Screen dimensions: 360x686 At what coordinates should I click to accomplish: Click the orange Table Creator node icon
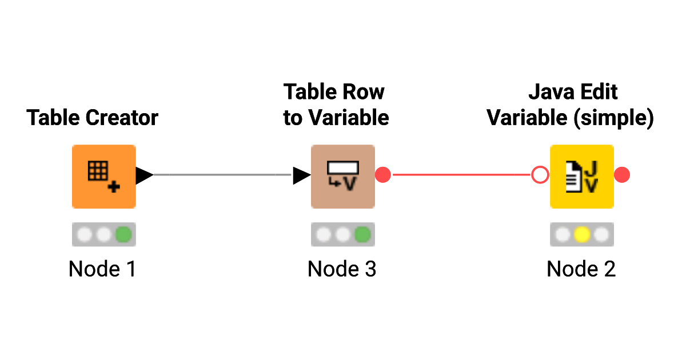(103, 176)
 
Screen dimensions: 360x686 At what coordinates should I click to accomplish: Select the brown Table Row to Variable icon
(342, 176)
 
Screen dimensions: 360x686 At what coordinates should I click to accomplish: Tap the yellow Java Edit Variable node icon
(581, 176)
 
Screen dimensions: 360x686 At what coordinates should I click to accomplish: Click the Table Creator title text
(93, 118)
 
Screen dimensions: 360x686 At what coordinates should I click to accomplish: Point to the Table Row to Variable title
(336, 105)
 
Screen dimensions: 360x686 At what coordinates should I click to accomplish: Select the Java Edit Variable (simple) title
(570, 105)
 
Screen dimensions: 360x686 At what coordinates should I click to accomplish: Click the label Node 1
(102, 269)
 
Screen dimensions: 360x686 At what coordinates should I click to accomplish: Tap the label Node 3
(342, 269)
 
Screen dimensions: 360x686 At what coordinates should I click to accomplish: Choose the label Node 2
(581, 269)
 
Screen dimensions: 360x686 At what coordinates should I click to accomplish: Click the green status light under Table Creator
(123, 234)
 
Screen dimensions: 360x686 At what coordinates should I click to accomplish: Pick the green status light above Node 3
(362, 234)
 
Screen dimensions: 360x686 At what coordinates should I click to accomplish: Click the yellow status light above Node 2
(582, 234)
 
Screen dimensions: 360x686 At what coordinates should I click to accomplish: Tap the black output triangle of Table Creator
(143, 175)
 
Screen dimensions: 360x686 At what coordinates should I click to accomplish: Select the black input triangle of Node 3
(301, 175)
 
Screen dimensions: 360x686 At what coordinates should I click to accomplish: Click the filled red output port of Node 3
(383, 175)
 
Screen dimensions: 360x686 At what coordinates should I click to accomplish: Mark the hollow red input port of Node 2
(540, 175)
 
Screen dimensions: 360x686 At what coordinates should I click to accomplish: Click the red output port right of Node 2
(622, 175)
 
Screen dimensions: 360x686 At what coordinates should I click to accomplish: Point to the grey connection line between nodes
(223, 175)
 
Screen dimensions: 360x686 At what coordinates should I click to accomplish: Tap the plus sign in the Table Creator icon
(114, 186)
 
